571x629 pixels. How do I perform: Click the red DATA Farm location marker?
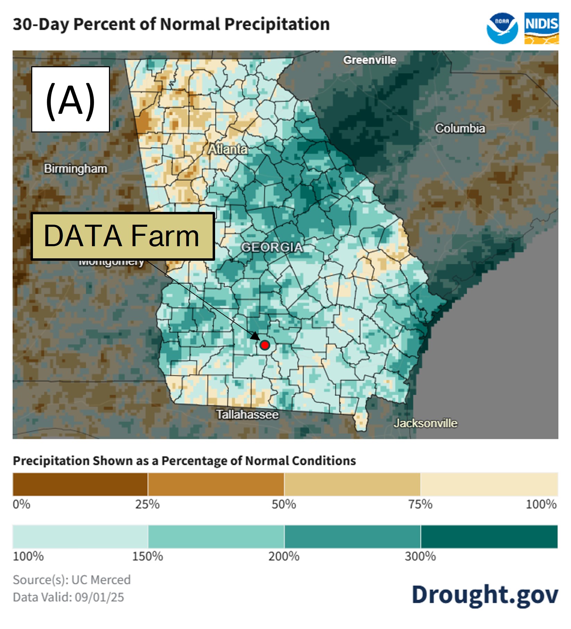point(265,345)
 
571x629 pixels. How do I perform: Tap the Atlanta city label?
point(228,149)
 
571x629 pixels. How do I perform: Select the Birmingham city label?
point(76,169)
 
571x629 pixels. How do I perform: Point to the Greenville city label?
point(369,60)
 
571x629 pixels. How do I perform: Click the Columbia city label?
point(460,128)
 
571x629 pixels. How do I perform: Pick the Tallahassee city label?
point(247,414)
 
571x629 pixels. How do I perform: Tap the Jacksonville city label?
point(425,423)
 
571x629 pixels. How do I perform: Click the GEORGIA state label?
point(272,247)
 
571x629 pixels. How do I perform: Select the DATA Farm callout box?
point(122,236)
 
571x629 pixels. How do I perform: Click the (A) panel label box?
point(70,99)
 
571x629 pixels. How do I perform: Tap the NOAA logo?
point(502,28)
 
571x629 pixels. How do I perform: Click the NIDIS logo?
point(541,28)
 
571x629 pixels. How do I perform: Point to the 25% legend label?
point(147,504)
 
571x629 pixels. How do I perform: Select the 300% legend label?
point(420,556)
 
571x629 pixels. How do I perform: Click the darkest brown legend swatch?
point(80,484)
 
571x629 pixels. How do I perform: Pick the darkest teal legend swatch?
point(489,536)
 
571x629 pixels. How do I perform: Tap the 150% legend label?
point(147,556)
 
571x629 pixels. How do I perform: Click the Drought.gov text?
point(485,594)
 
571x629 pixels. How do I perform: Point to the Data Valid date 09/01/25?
point(99,597)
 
